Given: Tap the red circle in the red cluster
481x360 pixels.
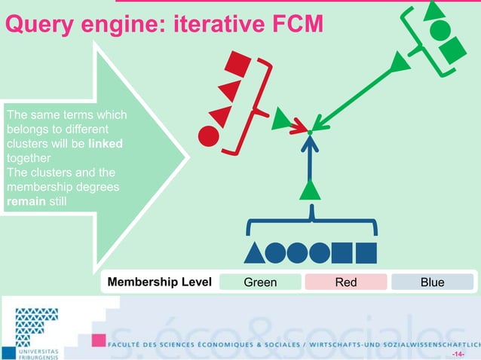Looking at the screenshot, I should coord(208,136).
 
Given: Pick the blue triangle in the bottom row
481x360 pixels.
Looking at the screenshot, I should coord(255,252).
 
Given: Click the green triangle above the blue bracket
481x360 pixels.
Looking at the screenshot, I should coord(310,190).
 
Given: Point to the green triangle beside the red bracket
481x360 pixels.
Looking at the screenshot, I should coord(281,117).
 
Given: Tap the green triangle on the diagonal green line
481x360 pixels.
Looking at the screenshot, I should coord(400,63).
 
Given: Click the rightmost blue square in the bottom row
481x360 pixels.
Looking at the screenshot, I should coord(366,252).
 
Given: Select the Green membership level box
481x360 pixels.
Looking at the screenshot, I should coord(260,282).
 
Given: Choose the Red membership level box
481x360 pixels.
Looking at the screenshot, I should coord(345,282).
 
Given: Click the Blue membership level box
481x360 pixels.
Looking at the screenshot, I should coord(432,282).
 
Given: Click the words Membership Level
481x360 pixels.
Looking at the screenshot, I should coord(159,282).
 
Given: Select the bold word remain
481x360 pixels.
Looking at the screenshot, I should coord(24,200).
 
